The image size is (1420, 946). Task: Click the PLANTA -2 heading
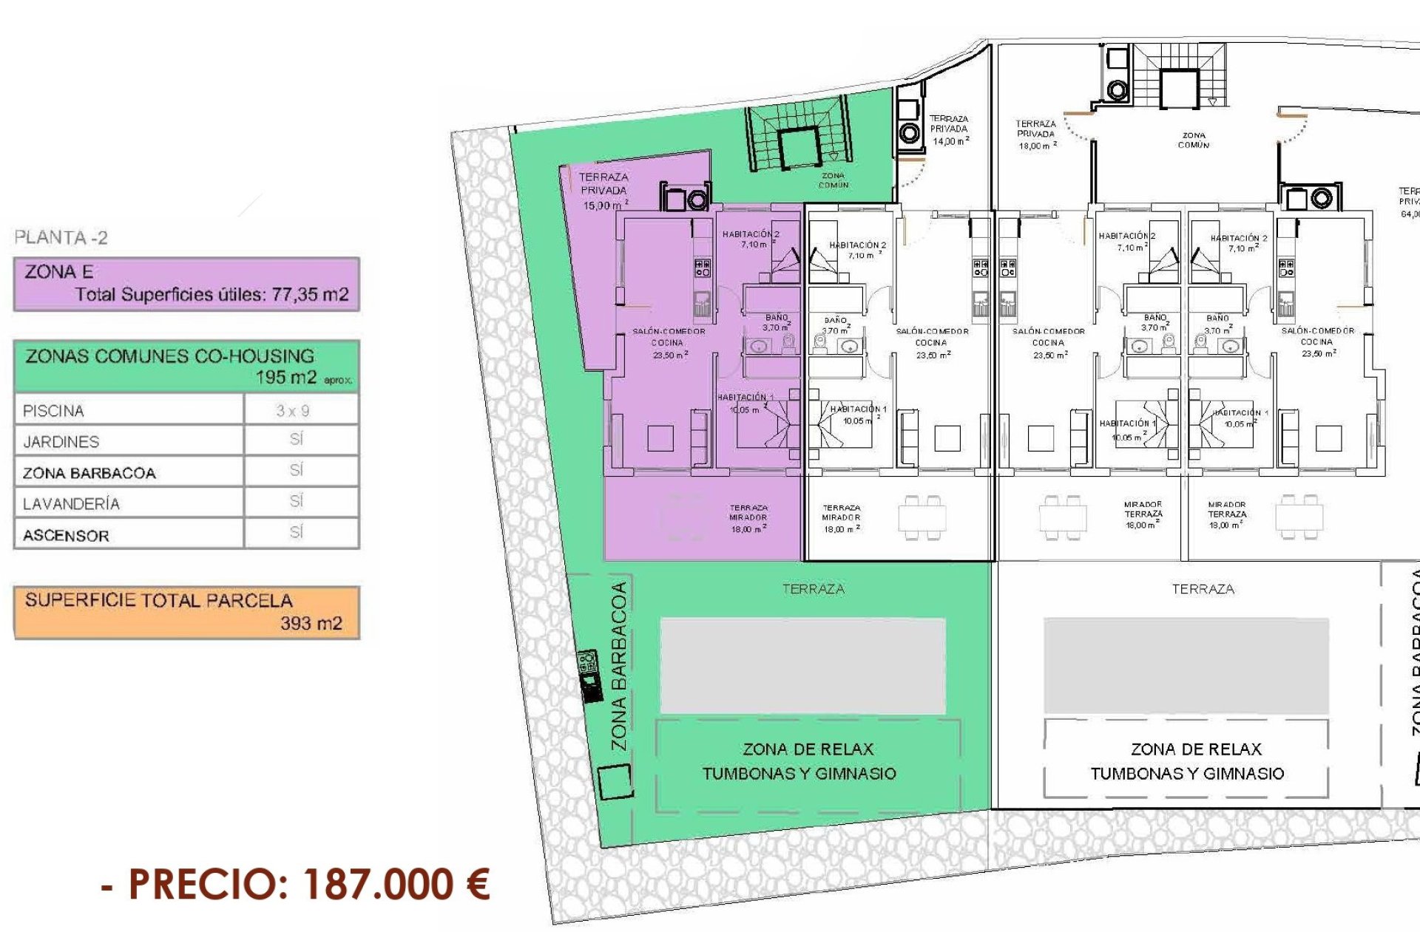click(61, 238)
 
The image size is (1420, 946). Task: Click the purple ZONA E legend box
click(186, 284)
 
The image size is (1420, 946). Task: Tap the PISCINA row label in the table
click(53, 411)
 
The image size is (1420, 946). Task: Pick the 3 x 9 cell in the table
click(293, 411)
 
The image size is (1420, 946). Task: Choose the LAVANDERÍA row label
click(71, 504)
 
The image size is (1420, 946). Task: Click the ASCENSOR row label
click(66, 536)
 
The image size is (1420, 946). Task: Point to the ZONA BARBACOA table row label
click(89, 473)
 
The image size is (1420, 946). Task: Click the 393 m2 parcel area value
click(311, 624)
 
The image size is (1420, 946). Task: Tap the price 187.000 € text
click(396, 884)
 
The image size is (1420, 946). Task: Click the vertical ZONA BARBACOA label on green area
click(619, 666)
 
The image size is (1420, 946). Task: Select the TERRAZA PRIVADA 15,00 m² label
click(604, 191)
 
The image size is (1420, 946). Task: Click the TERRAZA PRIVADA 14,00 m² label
click(949, 129)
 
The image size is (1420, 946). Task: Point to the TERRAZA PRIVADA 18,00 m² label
click(1036, 135)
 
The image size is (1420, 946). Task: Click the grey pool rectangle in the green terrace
click(802, 666)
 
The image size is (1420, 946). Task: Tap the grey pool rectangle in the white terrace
click(1186, 666)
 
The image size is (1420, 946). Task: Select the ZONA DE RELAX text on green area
click(808, 749)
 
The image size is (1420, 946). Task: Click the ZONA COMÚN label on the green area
click(834, 180)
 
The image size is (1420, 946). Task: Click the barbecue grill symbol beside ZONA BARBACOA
click(589, 676)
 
